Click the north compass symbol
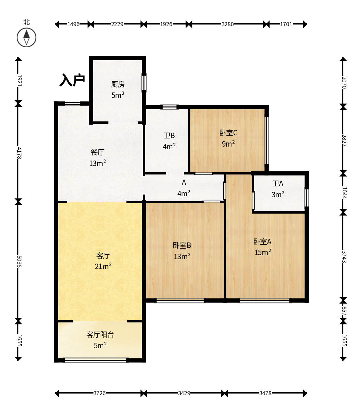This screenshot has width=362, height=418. pyautogui.click(x=27, y=38)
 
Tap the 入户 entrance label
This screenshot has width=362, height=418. pyautogui.click(x=72, y=80)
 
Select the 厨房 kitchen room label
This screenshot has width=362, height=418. pyautogui.click(x=118, y=84)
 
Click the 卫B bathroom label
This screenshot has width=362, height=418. pyautogui.click(x=169, y=135)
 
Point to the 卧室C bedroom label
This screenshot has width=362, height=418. pyautogui.click(x=228, y=133)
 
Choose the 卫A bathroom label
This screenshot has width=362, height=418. pyautogui.click(x=278, y=183)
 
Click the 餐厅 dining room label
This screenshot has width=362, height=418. pyautogui.click(x=98, y=152)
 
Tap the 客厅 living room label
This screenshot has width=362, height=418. pyautogui.click(x=103, y=256)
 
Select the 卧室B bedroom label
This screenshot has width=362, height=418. pyautogui.click(x=182, y=245)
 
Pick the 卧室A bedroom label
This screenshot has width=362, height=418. pyautogui.click(x=262, y=242)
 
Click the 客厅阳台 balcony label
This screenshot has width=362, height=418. pyautogui.click(x=100, y=335)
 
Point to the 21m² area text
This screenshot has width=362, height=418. pyautogui.click(x=103, y=266)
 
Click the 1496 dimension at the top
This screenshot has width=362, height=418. pyautogui.click(x=73, y=24)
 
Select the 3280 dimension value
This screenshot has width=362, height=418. pyautogui.click(x=228, y=24)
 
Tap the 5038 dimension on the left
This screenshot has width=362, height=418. pyautogui.click(x=19, y=262)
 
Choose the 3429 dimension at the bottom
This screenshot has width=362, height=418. pyautogui.click(x=184, y=393)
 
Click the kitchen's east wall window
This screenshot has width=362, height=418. pyautogui.click(x=144, y=83)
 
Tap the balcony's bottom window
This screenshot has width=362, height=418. pyautogui.click(x=96, y=360)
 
